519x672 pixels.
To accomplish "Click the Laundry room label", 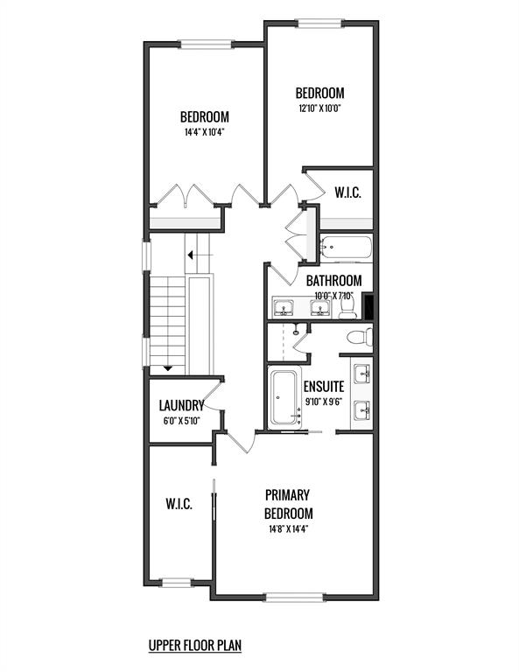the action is click(181, 405).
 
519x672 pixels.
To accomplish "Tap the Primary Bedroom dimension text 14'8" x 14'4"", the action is click(289, 528).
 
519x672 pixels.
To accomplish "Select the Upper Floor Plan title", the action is click(195, 645).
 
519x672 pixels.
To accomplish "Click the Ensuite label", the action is click(324, 387).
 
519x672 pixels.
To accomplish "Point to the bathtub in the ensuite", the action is click(284, 397).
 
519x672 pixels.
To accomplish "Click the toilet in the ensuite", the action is click(360, 336).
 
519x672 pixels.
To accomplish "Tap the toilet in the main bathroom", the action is click(347, 308).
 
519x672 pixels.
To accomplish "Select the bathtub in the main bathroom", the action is click(346, 248).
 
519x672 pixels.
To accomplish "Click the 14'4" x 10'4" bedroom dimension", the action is click(205, 132).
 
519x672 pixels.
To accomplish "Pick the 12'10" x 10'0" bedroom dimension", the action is click(319, 108).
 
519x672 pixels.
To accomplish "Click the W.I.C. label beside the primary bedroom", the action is click(179, 504).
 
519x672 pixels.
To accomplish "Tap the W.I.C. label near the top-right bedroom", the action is click(348, 192).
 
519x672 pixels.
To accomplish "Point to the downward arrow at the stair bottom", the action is click(167, 367).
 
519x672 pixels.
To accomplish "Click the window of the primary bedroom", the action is click(293, 597).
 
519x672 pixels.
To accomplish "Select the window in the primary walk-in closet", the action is click(176, 583).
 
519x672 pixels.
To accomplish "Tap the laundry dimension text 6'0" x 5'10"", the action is click(182, 421).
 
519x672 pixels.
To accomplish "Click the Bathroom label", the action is click(333, 281).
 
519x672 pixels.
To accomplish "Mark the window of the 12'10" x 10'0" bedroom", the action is click(319, 23).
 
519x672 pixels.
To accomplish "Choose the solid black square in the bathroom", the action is click(368, 306).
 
